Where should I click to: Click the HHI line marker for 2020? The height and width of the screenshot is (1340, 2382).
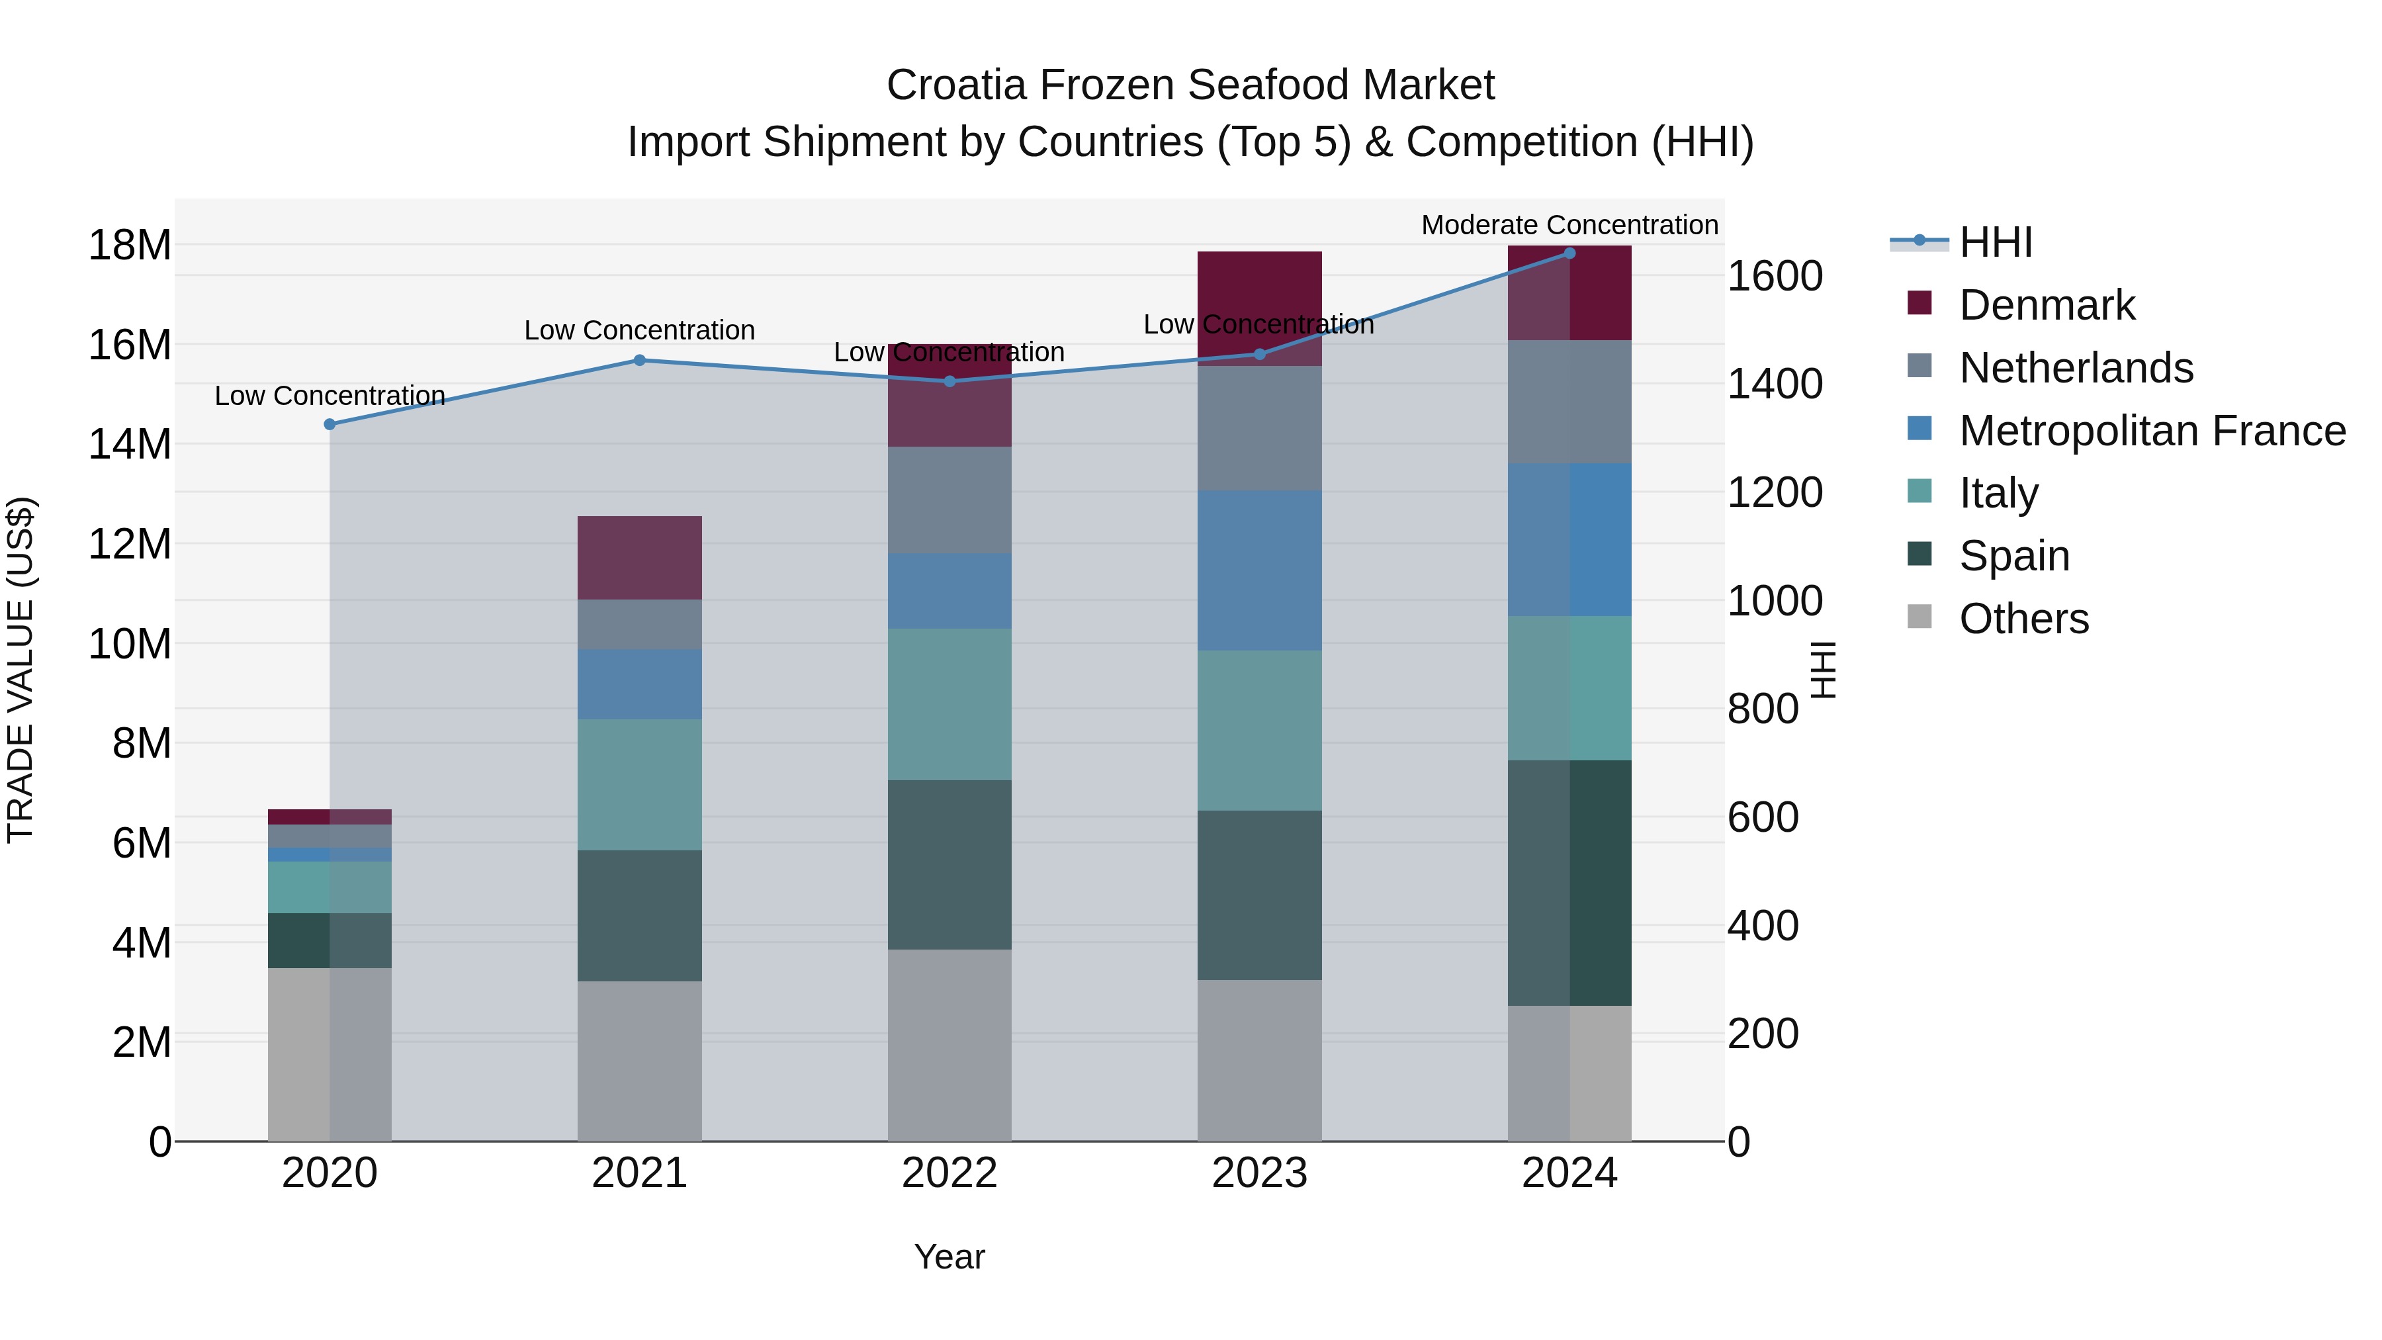pos(330,424)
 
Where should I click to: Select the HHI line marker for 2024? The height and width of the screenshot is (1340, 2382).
pos(1569,253)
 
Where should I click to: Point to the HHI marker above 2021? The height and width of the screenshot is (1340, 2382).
pos(639,360)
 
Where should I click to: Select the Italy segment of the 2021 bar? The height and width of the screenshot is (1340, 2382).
pos(639,784)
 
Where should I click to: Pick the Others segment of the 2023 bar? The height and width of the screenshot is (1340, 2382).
pos(1258,1060)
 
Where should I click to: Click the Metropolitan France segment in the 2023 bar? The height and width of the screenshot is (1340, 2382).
pos(1258,570)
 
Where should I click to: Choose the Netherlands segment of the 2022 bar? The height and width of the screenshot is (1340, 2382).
pos(949,500)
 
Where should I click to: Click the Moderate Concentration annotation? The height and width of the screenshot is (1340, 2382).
pos(1569,225)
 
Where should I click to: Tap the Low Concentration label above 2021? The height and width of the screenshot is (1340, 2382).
pos(639,330)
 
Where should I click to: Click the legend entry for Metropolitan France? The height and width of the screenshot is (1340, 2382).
pos(2151,431)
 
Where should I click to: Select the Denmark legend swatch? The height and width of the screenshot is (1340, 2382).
pos(1919,303)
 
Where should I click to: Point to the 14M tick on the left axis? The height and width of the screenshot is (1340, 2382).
pos(130,444)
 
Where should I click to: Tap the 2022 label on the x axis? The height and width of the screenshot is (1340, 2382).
pos(949,1173)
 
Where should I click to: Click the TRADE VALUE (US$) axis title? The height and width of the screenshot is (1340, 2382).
pos(21,670)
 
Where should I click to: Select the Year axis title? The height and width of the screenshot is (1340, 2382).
pos(949,1257)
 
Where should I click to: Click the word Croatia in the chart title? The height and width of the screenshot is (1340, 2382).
pos(956,85)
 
